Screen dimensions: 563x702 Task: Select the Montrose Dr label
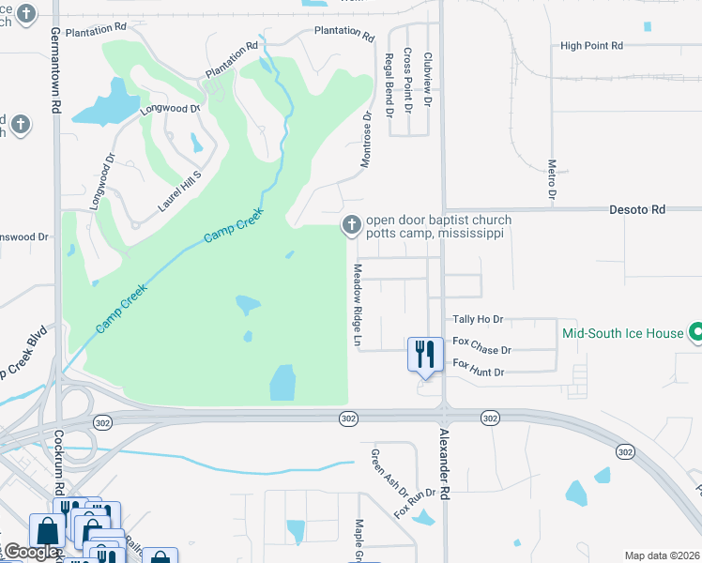click(368, 140)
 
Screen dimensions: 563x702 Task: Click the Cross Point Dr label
click(408, 81)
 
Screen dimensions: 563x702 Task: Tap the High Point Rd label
click(591, 45)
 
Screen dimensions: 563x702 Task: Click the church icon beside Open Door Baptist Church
click(351, 223)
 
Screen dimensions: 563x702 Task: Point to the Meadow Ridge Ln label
click(358, 304)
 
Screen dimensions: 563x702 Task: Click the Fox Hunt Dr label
click(479, 373)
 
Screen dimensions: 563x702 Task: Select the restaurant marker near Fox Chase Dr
click(425, 355)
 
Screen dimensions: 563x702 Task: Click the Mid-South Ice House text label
click(622, 333)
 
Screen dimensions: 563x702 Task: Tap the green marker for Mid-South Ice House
click(696, 333)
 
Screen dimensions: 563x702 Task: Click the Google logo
click(31, 553)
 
